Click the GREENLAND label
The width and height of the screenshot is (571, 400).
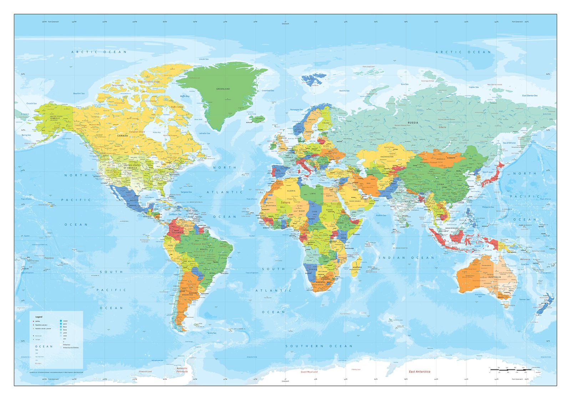click(x=223, y=89)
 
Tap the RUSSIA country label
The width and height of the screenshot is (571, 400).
click(x=413, y=122)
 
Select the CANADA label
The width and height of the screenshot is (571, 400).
click(x=122, y=136)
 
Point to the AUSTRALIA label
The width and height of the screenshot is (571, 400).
click(x=495, y=277)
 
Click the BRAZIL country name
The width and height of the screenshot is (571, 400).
click(x=204, y=249)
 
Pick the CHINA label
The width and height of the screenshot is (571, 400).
click(x=441, y=184)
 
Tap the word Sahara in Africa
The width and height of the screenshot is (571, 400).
click(x=285, y=202)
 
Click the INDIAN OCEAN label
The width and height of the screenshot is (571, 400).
click(x=406, y=257)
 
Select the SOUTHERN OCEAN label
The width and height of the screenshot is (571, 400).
click(x=319, y=346)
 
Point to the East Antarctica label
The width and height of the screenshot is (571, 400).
click(x=419, y=371)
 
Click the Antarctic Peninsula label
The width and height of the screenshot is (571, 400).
click(x=182, y=370)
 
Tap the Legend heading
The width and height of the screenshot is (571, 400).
click(x=39, y=317)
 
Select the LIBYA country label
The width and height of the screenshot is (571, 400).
click(x=312, y=193)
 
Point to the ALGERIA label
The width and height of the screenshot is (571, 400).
click(x=292, y=191)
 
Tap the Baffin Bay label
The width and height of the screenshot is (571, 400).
click(x=185, y=96)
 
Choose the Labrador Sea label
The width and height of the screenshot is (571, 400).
click(x=204, y=133)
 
